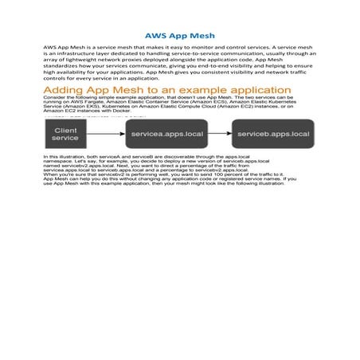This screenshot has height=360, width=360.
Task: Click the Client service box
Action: [65, 134]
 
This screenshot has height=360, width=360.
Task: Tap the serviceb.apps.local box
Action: [273, 134]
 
